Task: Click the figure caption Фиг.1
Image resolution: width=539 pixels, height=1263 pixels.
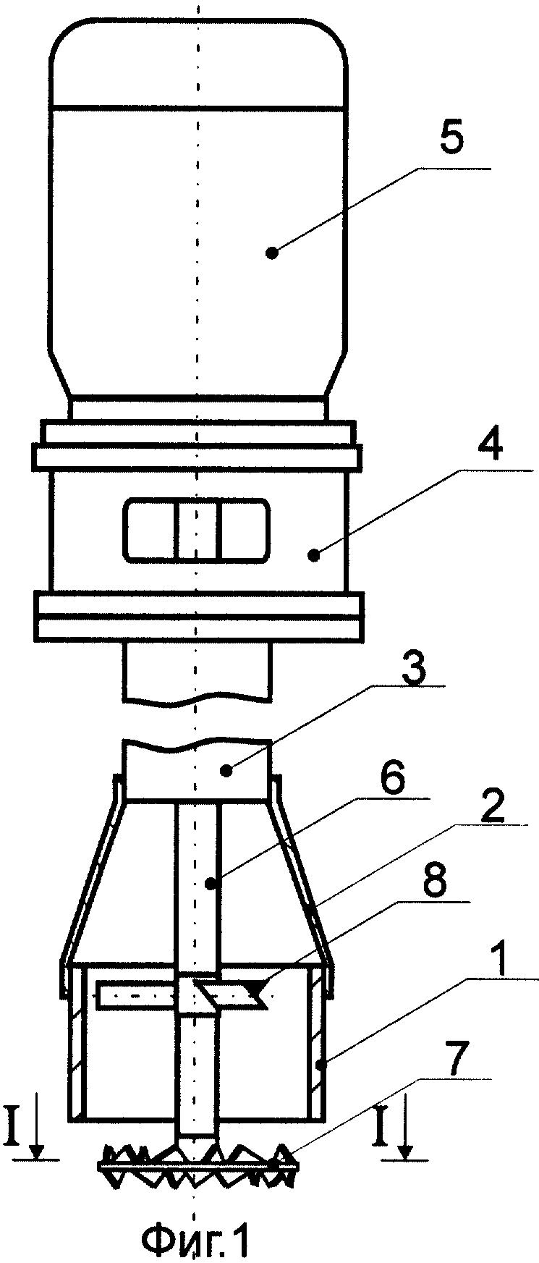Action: pos(195,1239)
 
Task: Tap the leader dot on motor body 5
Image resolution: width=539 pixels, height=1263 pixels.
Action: pos(272,253)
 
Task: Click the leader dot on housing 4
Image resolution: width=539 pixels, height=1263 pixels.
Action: pos(313,556)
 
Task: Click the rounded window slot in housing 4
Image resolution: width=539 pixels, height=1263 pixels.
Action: pos(196,529)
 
